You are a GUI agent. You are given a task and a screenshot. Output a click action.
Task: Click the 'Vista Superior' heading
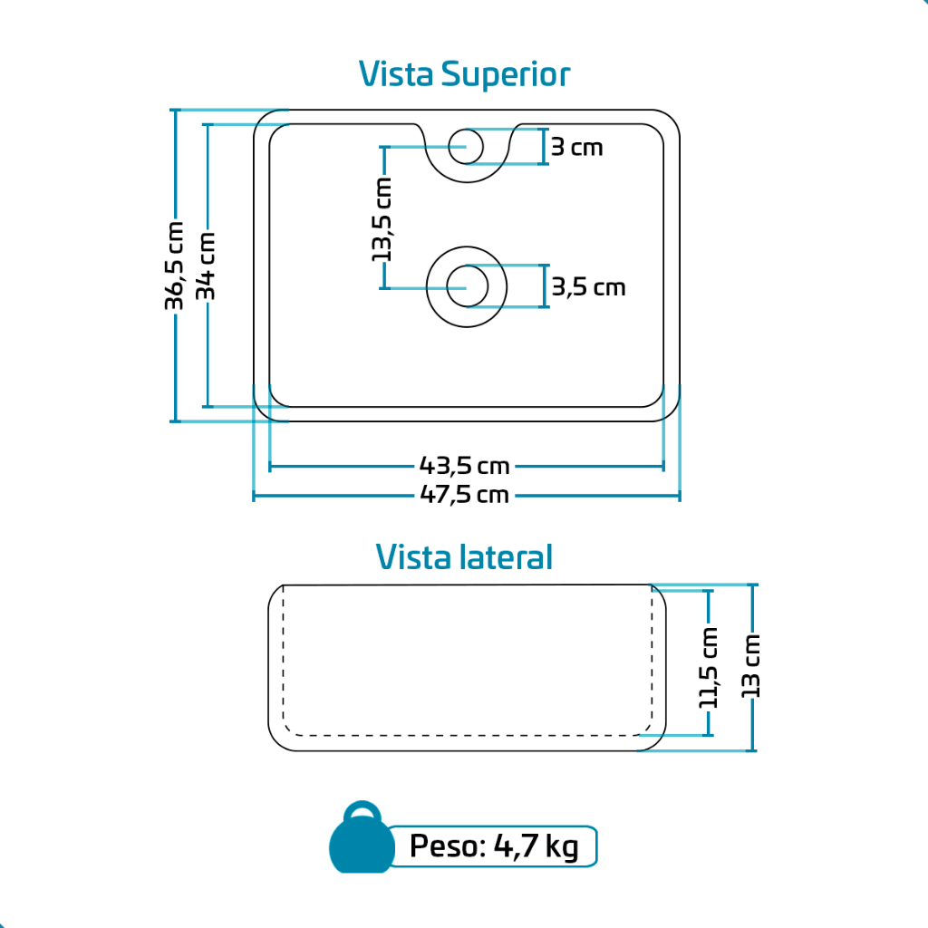point(464,74)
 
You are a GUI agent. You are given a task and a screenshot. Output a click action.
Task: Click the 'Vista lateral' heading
point(464,556)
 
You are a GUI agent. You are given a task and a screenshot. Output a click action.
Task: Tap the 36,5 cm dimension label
point(174,266)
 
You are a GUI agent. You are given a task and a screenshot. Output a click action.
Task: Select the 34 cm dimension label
point(207,266)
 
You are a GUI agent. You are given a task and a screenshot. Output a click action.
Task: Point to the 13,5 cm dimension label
point(383,219)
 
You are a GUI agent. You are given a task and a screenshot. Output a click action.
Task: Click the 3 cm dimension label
point(576,147)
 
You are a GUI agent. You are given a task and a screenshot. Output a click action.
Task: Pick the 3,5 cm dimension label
point(589,287)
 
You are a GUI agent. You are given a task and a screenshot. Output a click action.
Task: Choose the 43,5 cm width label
point(465,466)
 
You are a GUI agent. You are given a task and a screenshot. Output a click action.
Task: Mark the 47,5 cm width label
point(465,495)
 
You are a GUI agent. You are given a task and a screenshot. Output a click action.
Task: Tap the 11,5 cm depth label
point(709,667)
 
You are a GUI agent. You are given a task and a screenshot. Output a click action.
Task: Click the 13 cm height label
point(750,666)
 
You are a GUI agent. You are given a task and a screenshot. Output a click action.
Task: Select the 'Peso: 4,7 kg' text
point(494,847)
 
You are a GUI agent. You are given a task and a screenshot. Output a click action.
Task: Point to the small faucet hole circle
point(468,146)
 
